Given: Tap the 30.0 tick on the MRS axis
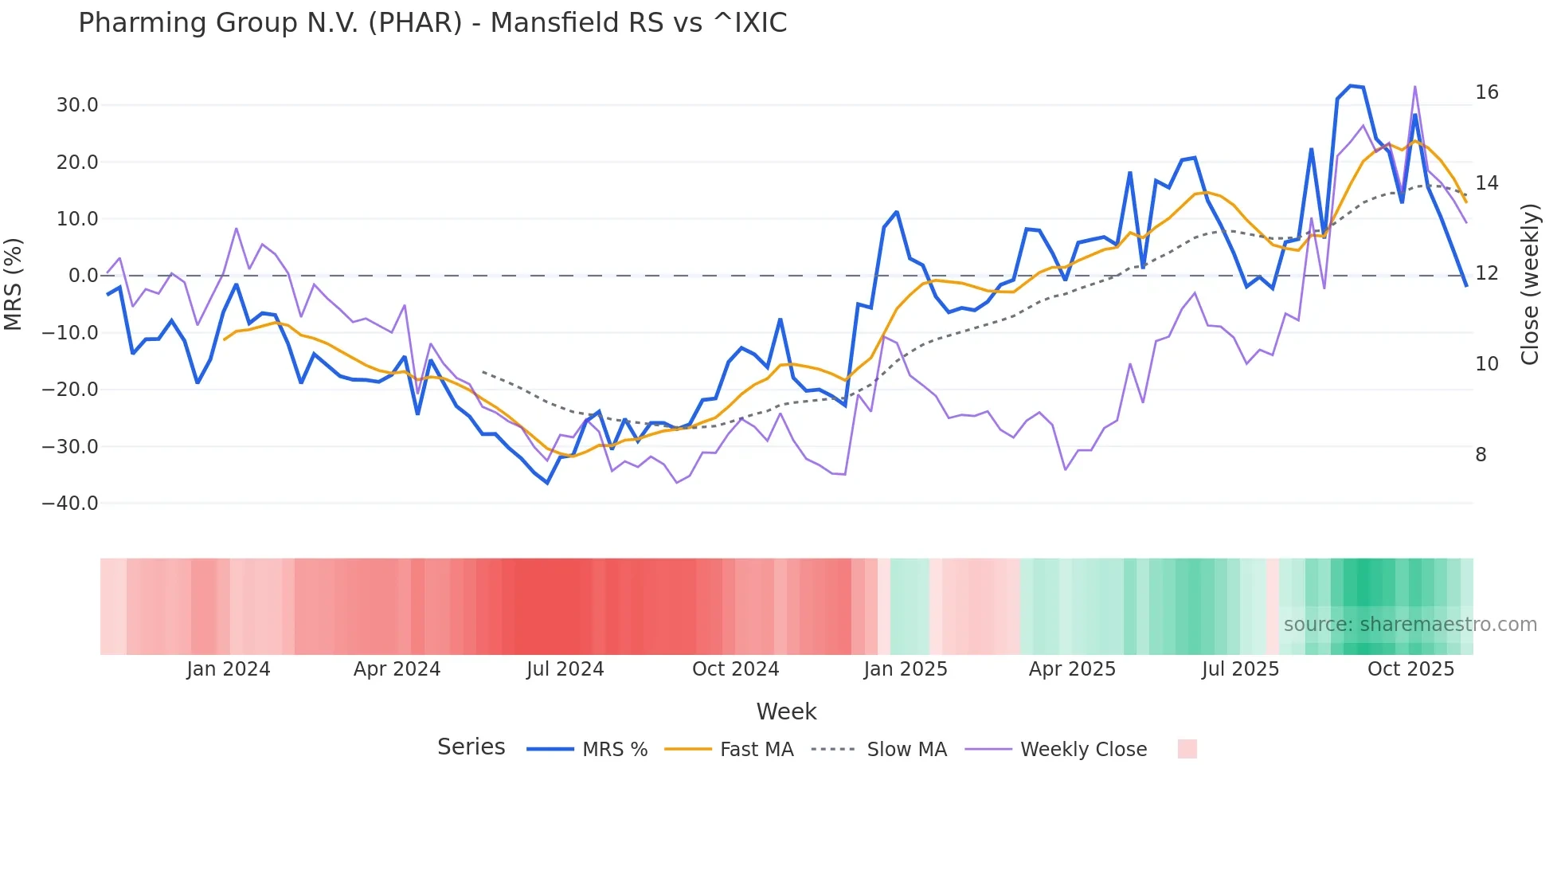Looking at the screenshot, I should coord(77,105).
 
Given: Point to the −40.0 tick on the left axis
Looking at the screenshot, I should coord(70,504).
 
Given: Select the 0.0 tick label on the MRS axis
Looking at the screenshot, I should coord(83,276).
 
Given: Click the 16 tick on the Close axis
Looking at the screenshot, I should coord(1486,92).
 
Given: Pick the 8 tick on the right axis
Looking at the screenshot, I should coord(1481,455).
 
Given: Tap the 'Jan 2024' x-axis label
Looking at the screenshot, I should coord(229,669).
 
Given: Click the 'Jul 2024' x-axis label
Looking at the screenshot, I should coord(565,669).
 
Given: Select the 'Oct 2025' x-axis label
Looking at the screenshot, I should coord(1410,669).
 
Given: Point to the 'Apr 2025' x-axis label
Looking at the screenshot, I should coord(1072,669).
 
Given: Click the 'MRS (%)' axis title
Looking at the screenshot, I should coord(14,284).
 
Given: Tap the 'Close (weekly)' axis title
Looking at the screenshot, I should coord(1530,284).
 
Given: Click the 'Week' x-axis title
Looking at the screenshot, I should coord(786,711).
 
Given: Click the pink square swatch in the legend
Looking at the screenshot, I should coord(1187,749).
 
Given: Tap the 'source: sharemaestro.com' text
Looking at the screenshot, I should coord(1410,625).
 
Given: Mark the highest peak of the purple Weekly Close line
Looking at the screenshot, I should coord(1415,86).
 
